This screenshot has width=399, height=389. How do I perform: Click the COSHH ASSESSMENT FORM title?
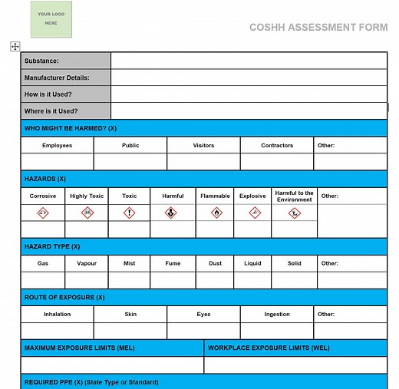(x=318, y=28)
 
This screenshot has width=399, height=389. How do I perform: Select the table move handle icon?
(x=15, y=47)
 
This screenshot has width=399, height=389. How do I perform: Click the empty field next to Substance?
(x=249, y=61)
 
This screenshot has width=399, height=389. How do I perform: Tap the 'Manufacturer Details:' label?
(x=57, y=77)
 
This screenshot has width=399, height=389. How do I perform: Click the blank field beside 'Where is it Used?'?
(x=249, y=111)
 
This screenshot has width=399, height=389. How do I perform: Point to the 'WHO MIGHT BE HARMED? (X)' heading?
(x=71, y=129)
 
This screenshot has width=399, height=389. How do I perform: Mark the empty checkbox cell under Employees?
(x=58, y=161)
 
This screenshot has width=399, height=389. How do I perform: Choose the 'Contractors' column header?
(x=277, y=145)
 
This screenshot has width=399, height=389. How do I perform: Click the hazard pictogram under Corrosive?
(x=43, y=213)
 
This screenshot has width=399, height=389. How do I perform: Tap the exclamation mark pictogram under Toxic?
(x=129, y=213)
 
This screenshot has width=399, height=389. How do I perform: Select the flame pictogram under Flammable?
(x=216, y=213)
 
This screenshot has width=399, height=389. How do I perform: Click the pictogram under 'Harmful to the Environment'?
(x=295, y=213)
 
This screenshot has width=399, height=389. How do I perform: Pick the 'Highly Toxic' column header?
(x=87, y=196)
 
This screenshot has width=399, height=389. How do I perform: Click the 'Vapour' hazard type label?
(x=87, y=263)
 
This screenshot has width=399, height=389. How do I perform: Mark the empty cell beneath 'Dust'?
(x=215, y=280)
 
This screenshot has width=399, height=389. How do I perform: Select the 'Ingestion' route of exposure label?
(x=277, y=314)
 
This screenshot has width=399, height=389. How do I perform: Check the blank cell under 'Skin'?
(x=130, y=331)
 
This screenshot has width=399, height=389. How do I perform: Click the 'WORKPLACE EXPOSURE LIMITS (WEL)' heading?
(x=269, y=348)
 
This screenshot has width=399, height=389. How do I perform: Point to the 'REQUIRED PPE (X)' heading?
(x=91, y=382)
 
